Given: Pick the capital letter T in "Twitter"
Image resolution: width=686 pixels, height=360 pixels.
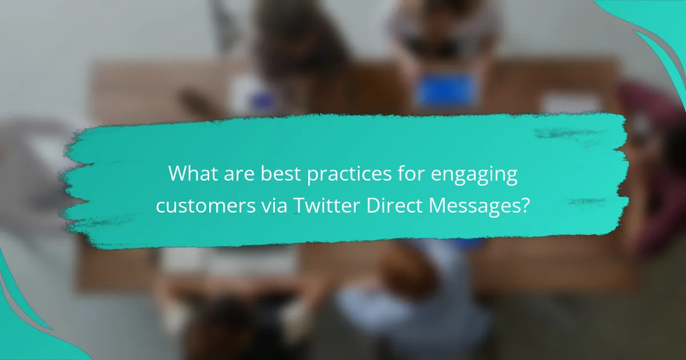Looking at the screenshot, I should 300,205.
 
